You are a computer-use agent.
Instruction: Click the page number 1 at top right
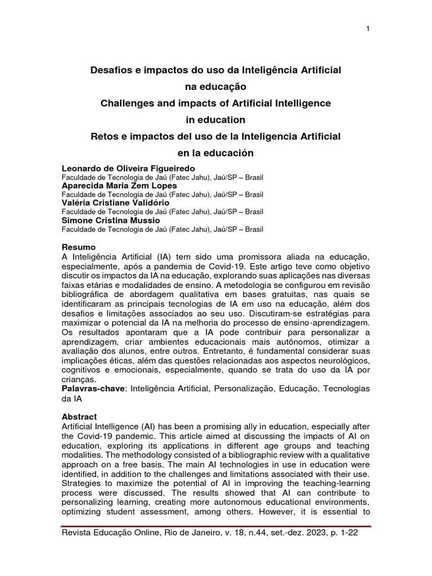tap(367, 29)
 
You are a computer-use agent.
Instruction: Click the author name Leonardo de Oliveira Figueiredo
tap(128, 169)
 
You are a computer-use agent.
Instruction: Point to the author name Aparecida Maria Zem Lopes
tap(119, 186)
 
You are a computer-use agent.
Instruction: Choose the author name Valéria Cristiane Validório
tap(115, 202)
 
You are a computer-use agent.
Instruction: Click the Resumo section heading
tap(78, 247)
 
